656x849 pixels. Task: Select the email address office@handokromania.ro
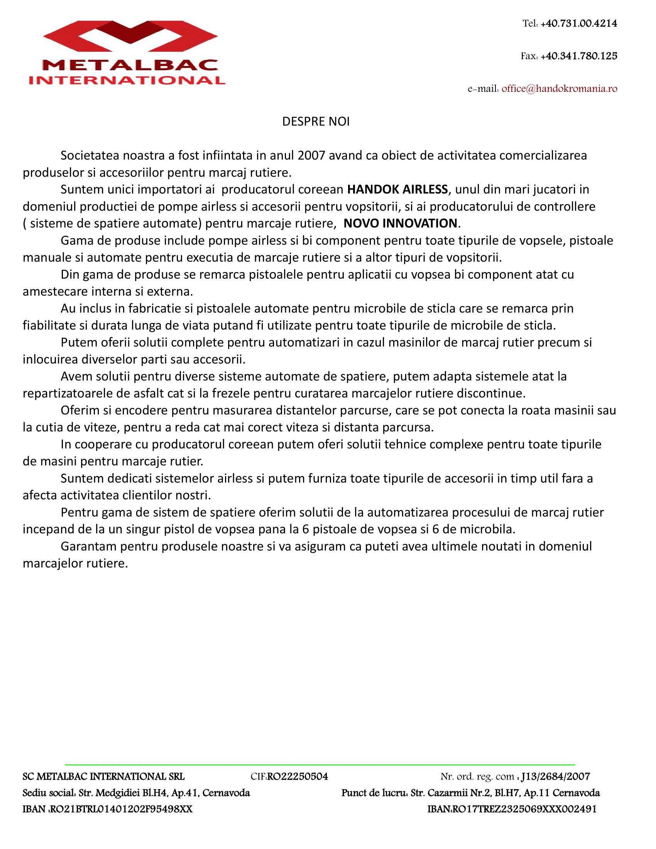[x=559, y=89]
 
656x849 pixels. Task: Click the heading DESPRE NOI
[x=316, y=122]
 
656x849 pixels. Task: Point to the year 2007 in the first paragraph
[x=311, y=156]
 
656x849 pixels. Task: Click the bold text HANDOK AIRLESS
[x=397, y=189]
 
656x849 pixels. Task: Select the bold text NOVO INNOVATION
[x=400, y=223]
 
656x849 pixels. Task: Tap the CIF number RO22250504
[x=297, y=776]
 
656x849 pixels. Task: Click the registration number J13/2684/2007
[x=555, y=776]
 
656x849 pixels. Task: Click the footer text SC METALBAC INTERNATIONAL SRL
[x=103, y=776]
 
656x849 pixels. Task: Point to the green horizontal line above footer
[x=320, y=764]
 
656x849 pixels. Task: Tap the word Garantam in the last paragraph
[x=88, y=546]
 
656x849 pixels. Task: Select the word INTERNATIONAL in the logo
[x=127, y=80]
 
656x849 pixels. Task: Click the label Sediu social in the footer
[x=49, y=793]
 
